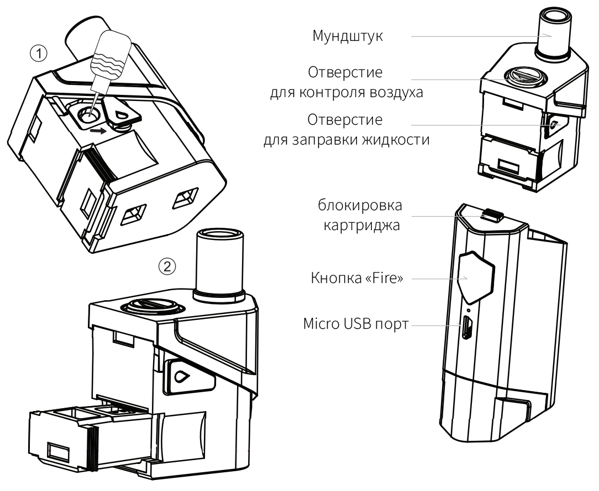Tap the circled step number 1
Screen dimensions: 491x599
(39, 53)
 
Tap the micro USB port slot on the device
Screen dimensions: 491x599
(467, 329)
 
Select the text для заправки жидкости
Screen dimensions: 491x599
(346, 139)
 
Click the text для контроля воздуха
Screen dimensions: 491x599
(346, 92)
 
